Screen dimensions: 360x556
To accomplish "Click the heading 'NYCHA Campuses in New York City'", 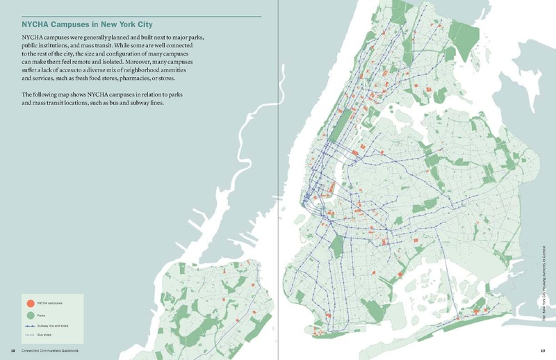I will point(87,24).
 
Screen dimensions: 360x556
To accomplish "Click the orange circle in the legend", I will point(30,303).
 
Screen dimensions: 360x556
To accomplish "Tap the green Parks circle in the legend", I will point(30,315).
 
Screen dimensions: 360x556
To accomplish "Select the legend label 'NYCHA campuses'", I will point(49,303).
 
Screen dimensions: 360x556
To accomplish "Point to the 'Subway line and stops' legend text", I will point(53,325).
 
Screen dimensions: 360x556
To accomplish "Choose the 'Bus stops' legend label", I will point(44,334).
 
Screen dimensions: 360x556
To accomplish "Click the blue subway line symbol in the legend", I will point(30,325).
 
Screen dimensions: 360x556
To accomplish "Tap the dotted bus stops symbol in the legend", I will point(30,334).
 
